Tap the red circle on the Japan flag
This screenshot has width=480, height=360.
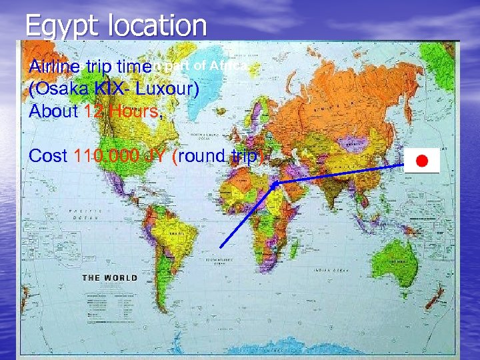[421, 161]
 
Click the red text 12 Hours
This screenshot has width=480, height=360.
[122, 111]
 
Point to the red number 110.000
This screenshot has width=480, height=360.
[102, 157]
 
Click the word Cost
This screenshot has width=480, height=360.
[48, 157]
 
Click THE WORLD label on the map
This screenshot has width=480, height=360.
[109, 277]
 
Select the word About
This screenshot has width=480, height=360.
[54, 111]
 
